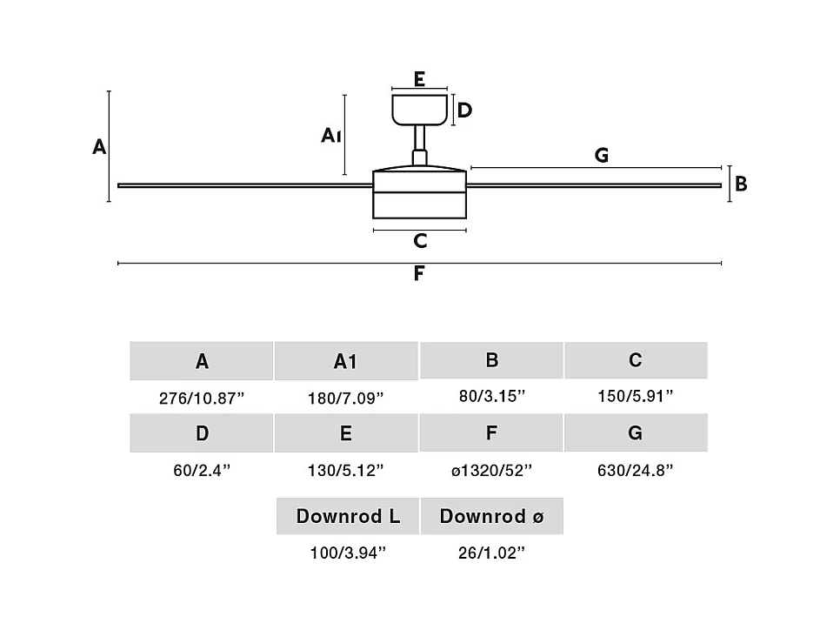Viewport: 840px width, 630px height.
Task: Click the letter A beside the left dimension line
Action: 99,147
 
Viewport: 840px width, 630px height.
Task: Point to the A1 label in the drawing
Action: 330,135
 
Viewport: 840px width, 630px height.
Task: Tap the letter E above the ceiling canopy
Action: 419,79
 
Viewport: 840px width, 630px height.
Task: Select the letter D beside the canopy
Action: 464,111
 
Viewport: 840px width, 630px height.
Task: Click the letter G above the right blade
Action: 601,156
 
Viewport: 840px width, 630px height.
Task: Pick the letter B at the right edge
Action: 741,184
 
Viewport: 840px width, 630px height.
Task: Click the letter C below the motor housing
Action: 420,241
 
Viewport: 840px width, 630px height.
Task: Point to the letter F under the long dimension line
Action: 419,274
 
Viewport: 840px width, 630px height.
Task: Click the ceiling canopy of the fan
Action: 419,109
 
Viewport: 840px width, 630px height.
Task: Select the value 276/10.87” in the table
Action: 202,399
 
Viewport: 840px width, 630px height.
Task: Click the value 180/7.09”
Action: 345,399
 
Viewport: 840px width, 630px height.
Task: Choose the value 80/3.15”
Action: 492,397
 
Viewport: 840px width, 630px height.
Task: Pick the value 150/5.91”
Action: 636,397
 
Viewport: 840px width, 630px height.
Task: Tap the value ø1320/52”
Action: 492,471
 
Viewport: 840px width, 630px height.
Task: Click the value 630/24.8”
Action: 636,471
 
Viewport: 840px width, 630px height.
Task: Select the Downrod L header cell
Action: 348,516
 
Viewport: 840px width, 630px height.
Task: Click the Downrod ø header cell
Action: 492,516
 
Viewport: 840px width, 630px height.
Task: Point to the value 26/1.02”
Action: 492,553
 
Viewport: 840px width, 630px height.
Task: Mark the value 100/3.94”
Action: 348,553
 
